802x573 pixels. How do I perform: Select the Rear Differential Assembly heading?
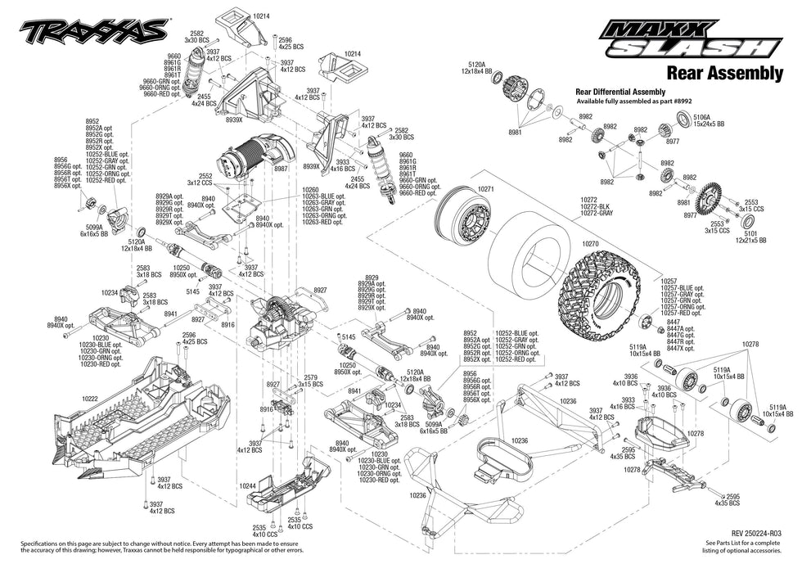[620, 92]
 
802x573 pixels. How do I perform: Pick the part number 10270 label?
[591, 243]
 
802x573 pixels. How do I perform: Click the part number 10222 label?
[90, 397]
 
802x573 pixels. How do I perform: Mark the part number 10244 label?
[249, 485]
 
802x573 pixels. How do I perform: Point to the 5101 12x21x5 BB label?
[750, 237]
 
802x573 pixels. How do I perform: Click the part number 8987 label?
[281, 169]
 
